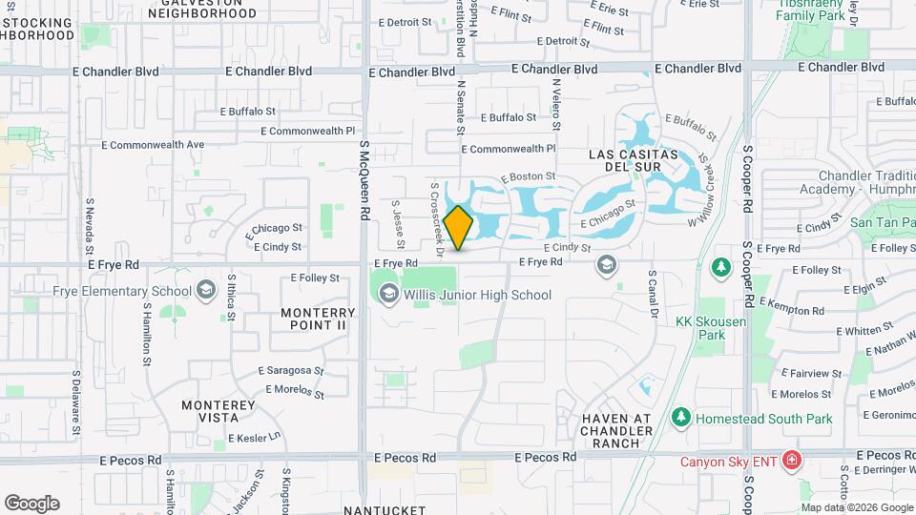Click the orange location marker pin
point(458,228)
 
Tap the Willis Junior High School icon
point(388,295)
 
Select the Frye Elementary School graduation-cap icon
point(205,291)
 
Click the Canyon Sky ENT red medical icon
point(791,462)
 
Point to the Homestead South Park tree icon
point(680,418)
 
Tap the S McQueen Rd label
point(364,181)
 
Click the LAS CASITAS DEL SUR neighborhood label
point(633,161)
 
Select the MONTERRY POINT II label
point(319,319)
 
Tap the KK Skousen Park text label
point(711,328)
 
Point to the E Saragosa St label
point(291,371)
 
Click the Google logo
point(31,503)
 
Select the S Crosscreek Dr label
point(437,219)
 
